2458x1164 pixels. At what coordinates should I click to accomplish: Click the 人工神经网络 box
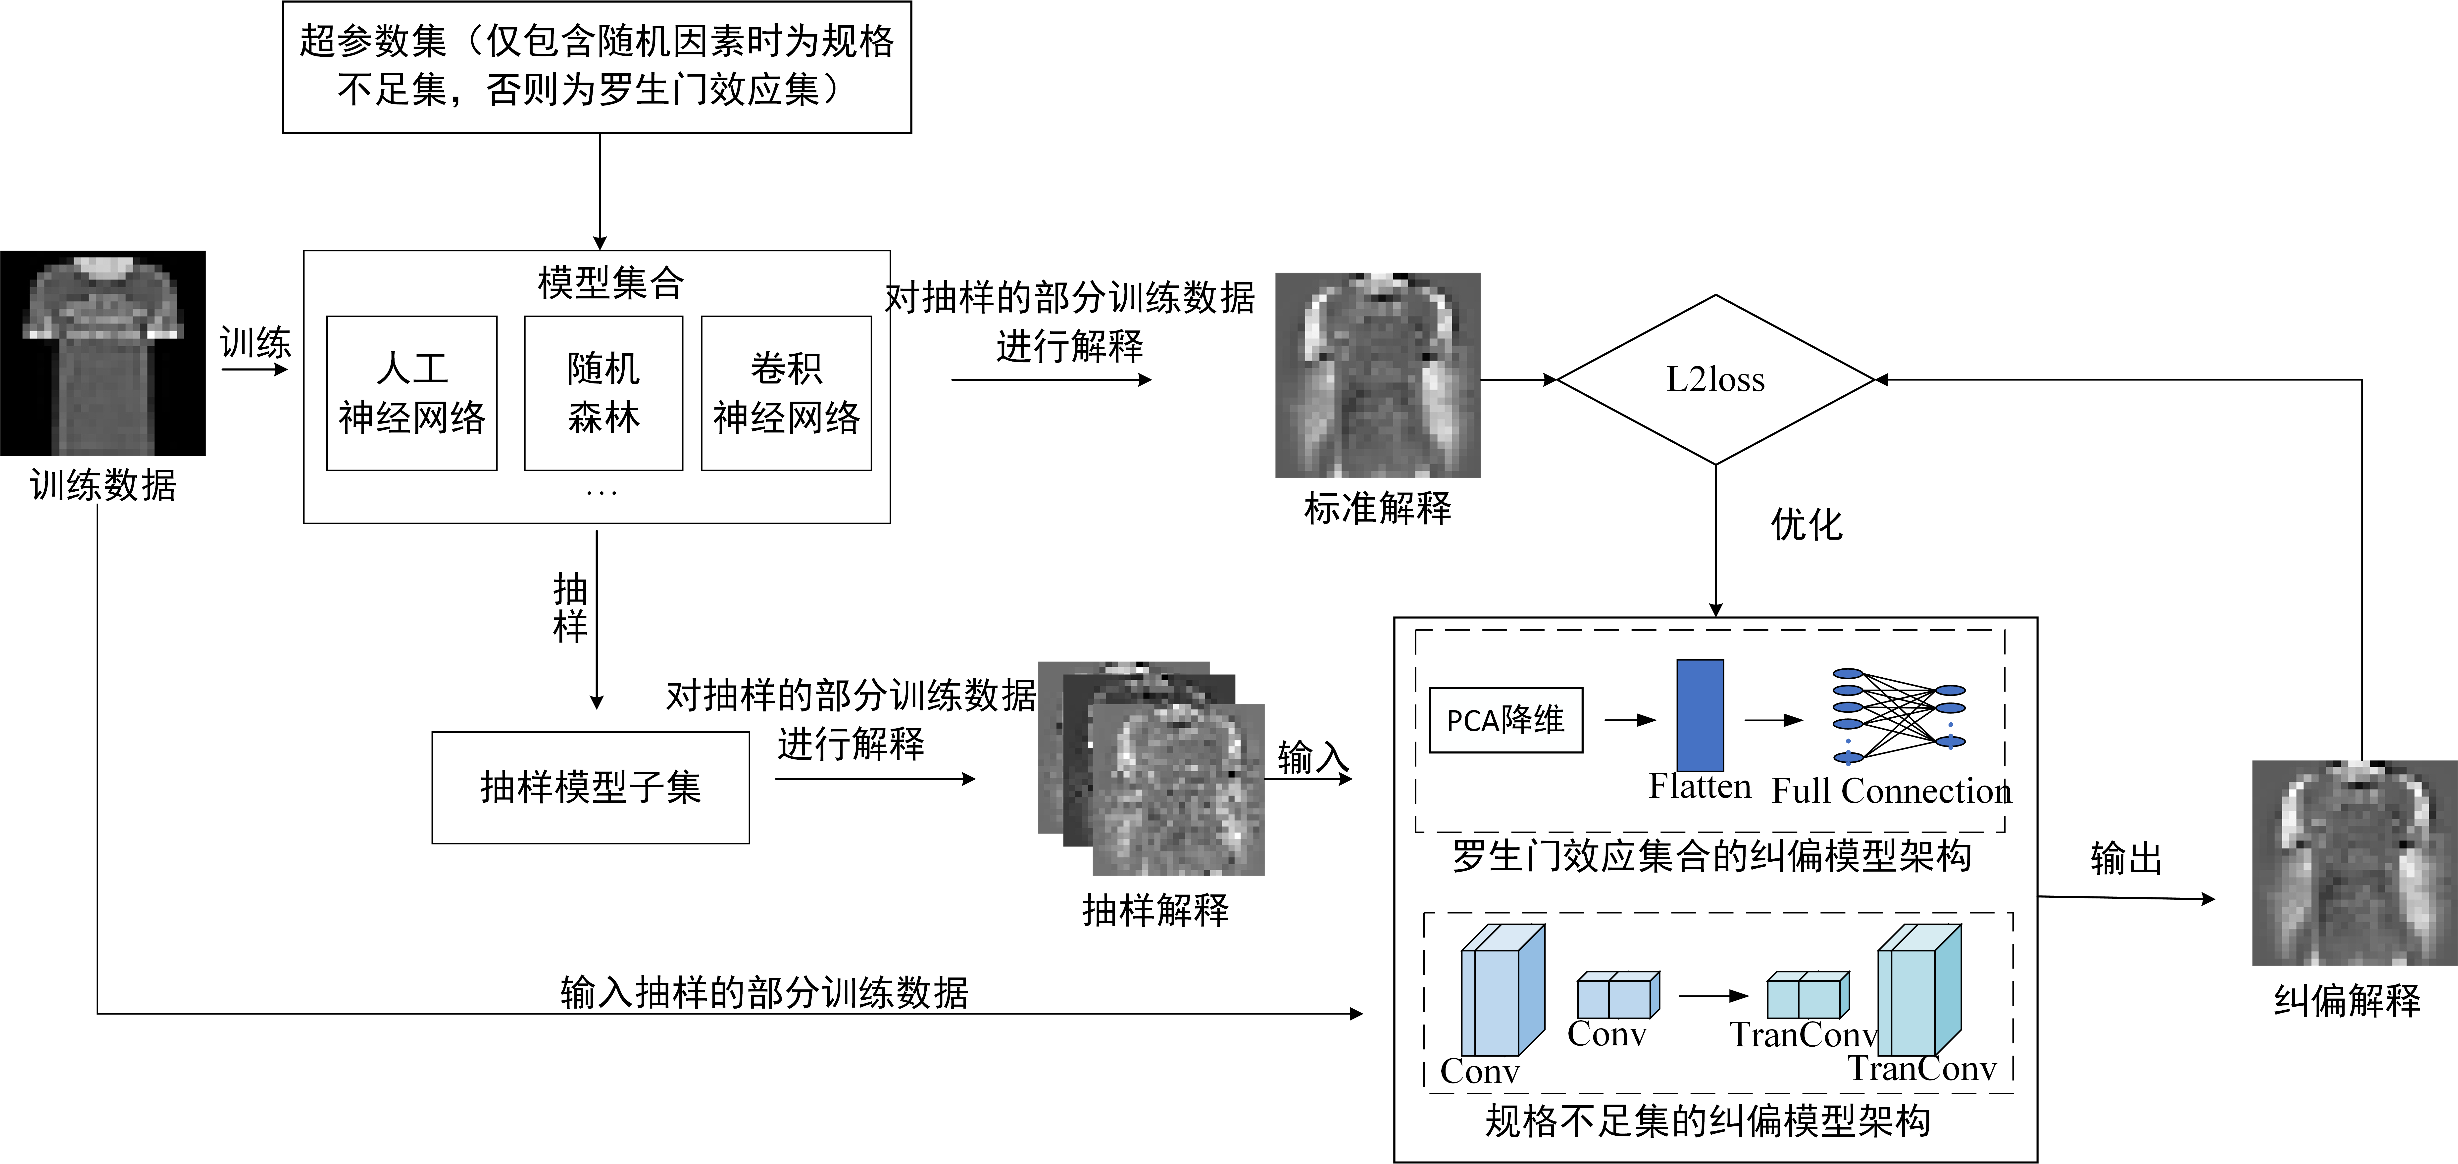(412, 393)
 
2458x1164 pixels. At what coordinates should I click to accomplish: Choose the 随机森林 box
(603, 393)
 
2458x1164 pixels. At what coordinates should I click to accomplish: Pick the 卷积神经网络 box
(786, 393)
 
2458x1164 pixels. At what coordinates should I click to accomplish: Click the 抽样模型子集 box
(591, 787)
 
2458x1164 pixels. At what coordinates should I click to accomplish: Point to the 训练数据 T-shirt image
(103, 353)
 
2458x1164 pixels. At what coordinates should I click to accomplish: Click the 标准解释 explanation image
(1378, 375)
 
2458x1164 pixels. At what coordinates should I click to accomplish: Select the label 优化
(1806, 524)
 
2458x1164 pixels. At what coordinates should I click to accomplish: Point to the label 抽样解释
(1155, 910)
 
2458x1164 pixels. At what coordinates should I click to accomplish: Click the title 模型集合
(611, 282)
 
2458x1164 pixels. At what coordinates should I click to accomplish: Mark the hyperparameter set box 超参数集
(597, 67)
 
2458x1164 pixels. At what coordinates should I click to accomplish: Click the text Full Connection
(1891, 791)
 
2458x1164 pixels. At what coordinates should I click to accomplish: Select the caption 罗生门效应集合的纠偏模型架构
(1712, 855)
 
